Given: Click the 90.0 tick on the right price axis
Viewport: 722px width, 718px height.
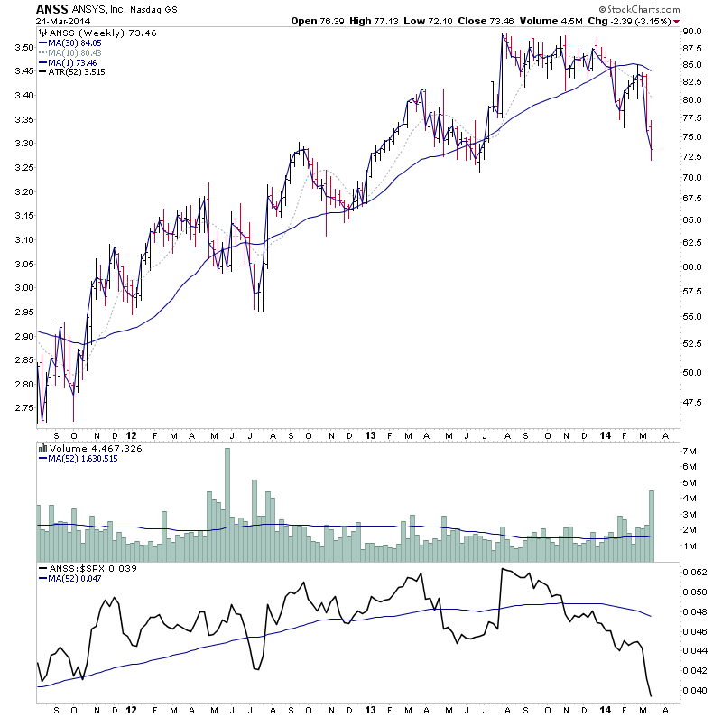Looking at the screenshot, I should click(x=693, y=31).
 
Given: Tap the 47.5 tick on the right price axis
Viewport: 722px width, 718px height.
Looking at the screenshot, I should click(x=693, y=402).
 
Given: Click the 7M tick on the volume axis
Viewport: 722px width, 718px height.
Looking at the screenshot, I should click(x=689, y=450).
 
